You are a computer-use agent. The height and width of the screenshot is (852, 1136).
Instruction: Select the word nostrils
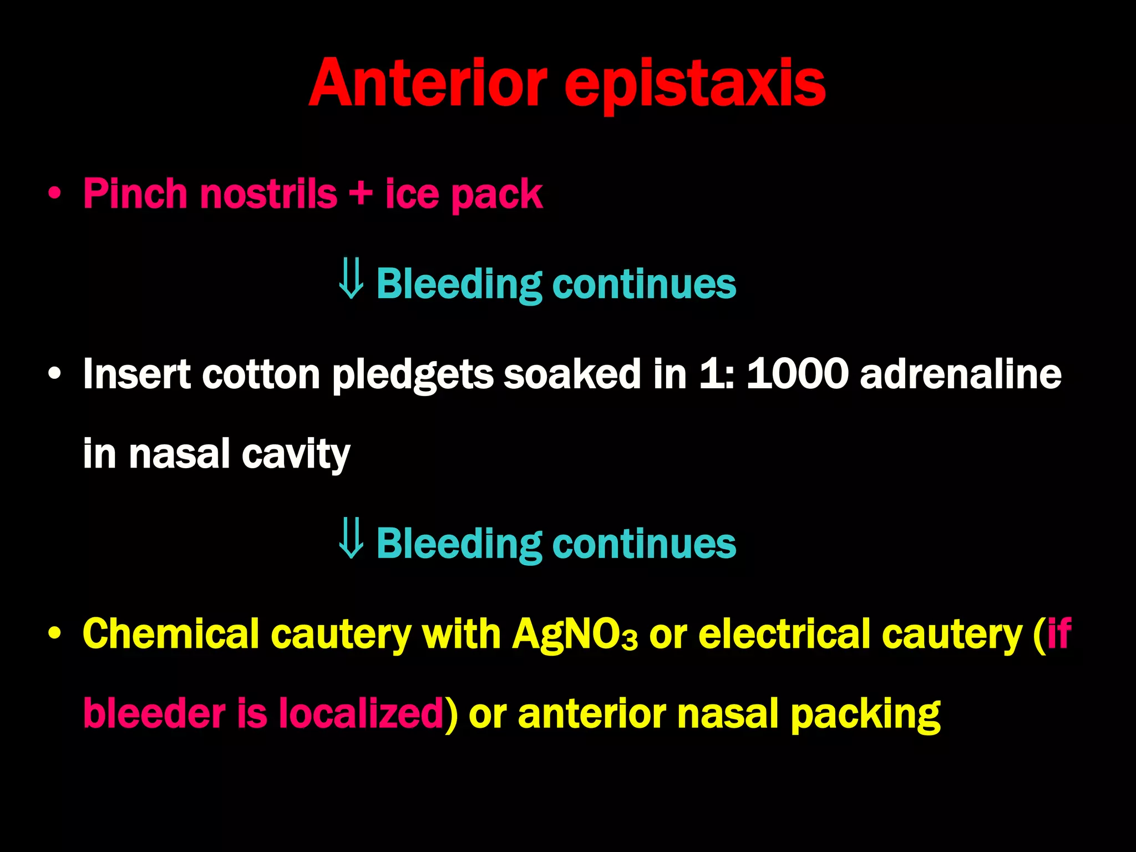[x=269, y=194]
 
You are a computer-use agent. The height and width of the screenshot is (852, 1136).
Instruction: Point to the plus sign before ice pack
[x=361, y=195]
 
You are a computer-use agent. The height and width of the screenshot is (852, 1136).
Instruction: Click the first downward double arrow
[x=351, y=279]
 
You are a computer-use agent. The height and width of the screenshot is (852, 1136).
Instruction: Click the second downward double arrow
[x=351, y=538]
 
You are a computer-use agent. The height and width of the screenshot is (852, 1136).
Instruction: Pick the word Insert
[x=136, y=374]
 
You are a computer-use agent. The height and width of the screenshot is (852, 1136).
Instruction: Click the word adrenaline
[x=960, y=374]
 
